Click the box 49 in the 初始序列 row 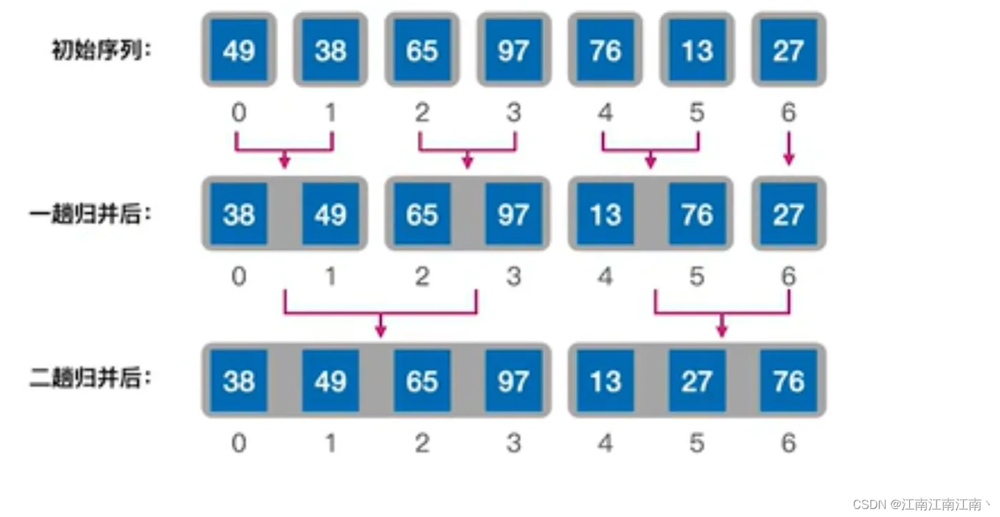point(239,50)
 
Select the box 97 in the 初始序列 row point(514,50)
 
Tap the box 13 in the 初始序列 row point(697,50)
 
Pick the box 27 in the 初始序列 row point(789,50)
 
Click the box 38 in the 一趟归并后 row point(239,214)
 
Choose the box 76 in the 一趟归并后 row point(697,214)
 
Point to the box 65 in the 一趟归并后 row point(422,214)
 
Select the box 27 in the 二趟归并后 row point(697,381)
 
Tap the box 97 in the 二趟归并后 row point(514,381)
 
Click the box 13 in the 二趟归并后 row point(606,381)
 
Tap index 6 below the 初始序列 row point(789,113)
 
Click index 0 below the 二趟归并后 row point(239,443)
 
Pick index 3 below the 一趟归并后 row point(514,276)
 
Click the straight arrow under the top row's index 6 point(789,150)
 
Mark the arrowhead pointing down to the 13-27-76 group point(721,330)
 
